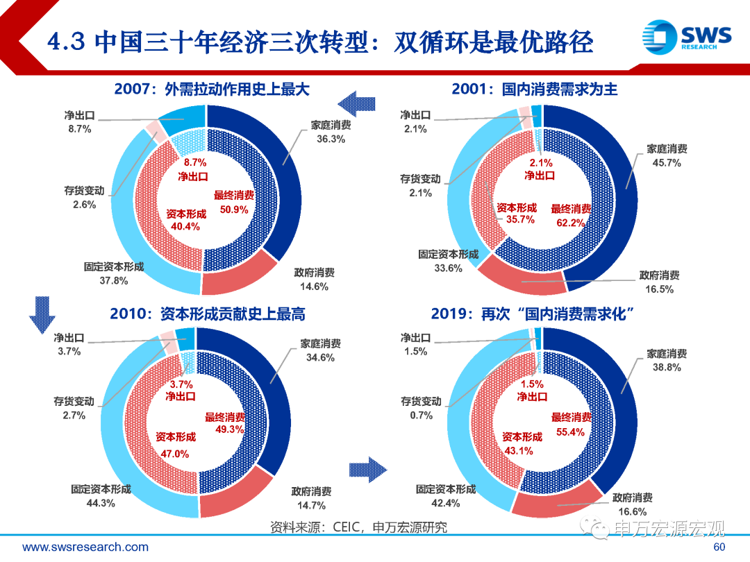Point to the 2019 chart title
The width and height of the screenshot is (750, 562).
[x=534, y=314]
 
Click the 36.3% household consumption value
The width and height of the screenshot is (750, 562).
[x=331, y=139]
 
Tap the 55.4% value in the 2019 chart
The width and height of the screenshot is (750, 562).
[x=571, y=432]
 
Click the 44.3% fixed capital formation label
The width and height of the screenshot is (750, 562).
[x=101, y=503]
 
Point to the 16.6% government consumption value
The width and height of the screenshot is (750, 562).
[x=632, y=512]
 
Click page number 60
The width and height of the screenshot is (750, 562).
[x=720, y=547]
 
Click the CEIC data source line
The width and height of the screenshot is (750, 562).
[x=358, y=528]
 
